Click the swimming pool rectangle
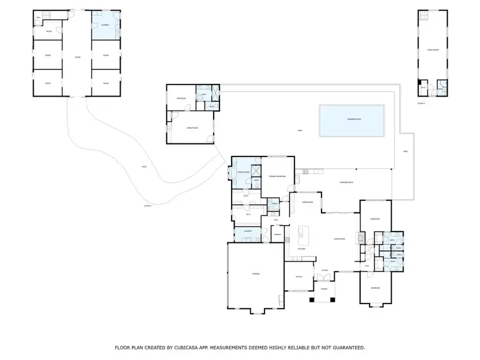[352, 120]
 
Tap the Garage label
[255, 274]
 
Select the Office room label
[299, 277]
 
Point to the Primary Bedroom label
[277, 176]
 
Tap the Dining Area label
[308, 203]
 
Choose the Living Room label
[338, 239]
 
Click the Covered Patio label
[346, 182]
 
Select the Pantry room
[278, 234]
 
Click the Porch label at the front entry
[323, 289]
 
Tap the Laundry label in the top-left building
[104, 25]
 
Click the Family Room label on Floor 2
[433, 50]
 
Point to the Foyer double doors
[323, 278]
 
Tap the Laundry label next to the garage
[247, 232]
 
